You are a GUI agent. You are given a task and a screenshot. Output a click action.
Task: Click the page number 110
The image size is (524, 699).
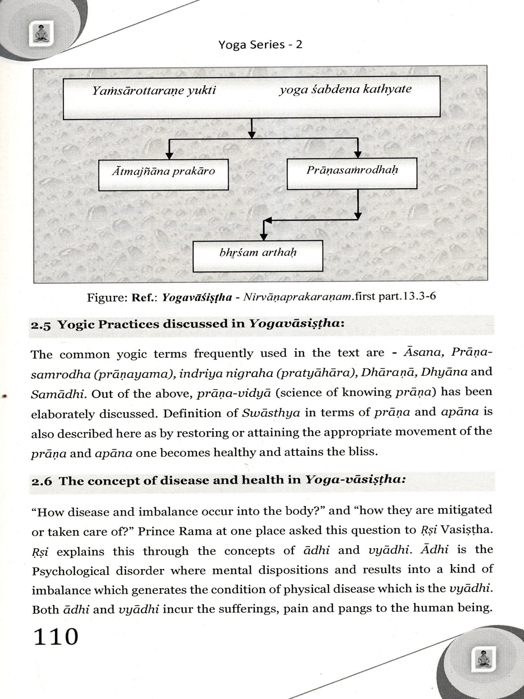(56, 636)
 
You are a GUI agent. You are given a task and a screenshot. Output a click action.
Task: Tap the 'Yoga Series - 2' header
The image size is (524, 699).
(260, 45)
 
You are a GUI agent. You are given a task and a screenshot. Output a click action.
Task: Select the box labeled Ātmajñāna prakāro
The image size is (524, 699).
(163, 175)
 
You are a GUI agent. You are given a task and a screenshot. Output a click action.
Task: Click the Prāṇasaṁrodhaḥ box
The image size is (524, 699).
(352, 174)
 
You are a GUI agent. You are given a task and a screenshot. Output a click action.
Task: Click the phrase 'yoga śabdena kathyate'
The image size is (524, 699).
(345, 90)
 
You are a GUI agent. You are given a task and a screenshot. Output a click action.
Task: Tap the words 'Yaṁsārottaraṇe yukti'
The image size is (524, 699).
(154, 91)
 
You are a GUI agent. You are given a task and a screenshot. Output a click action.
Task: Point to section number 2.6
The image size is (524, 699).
(42, 482)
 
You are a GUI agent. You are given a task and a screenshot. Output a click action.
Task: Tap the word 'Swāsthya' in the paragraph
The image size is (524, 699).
(271, 413)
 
